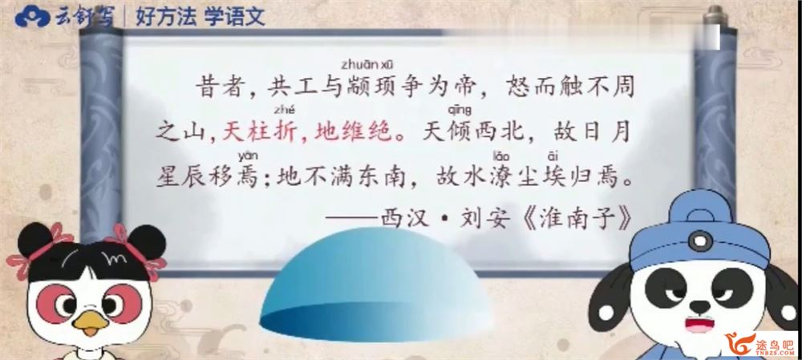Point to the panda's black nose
tap(699, 306)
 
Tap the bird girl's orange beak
tap(90, 324)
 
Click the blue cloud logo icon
tap(33, 16)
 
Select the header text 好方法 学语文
tap(200, 17)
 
